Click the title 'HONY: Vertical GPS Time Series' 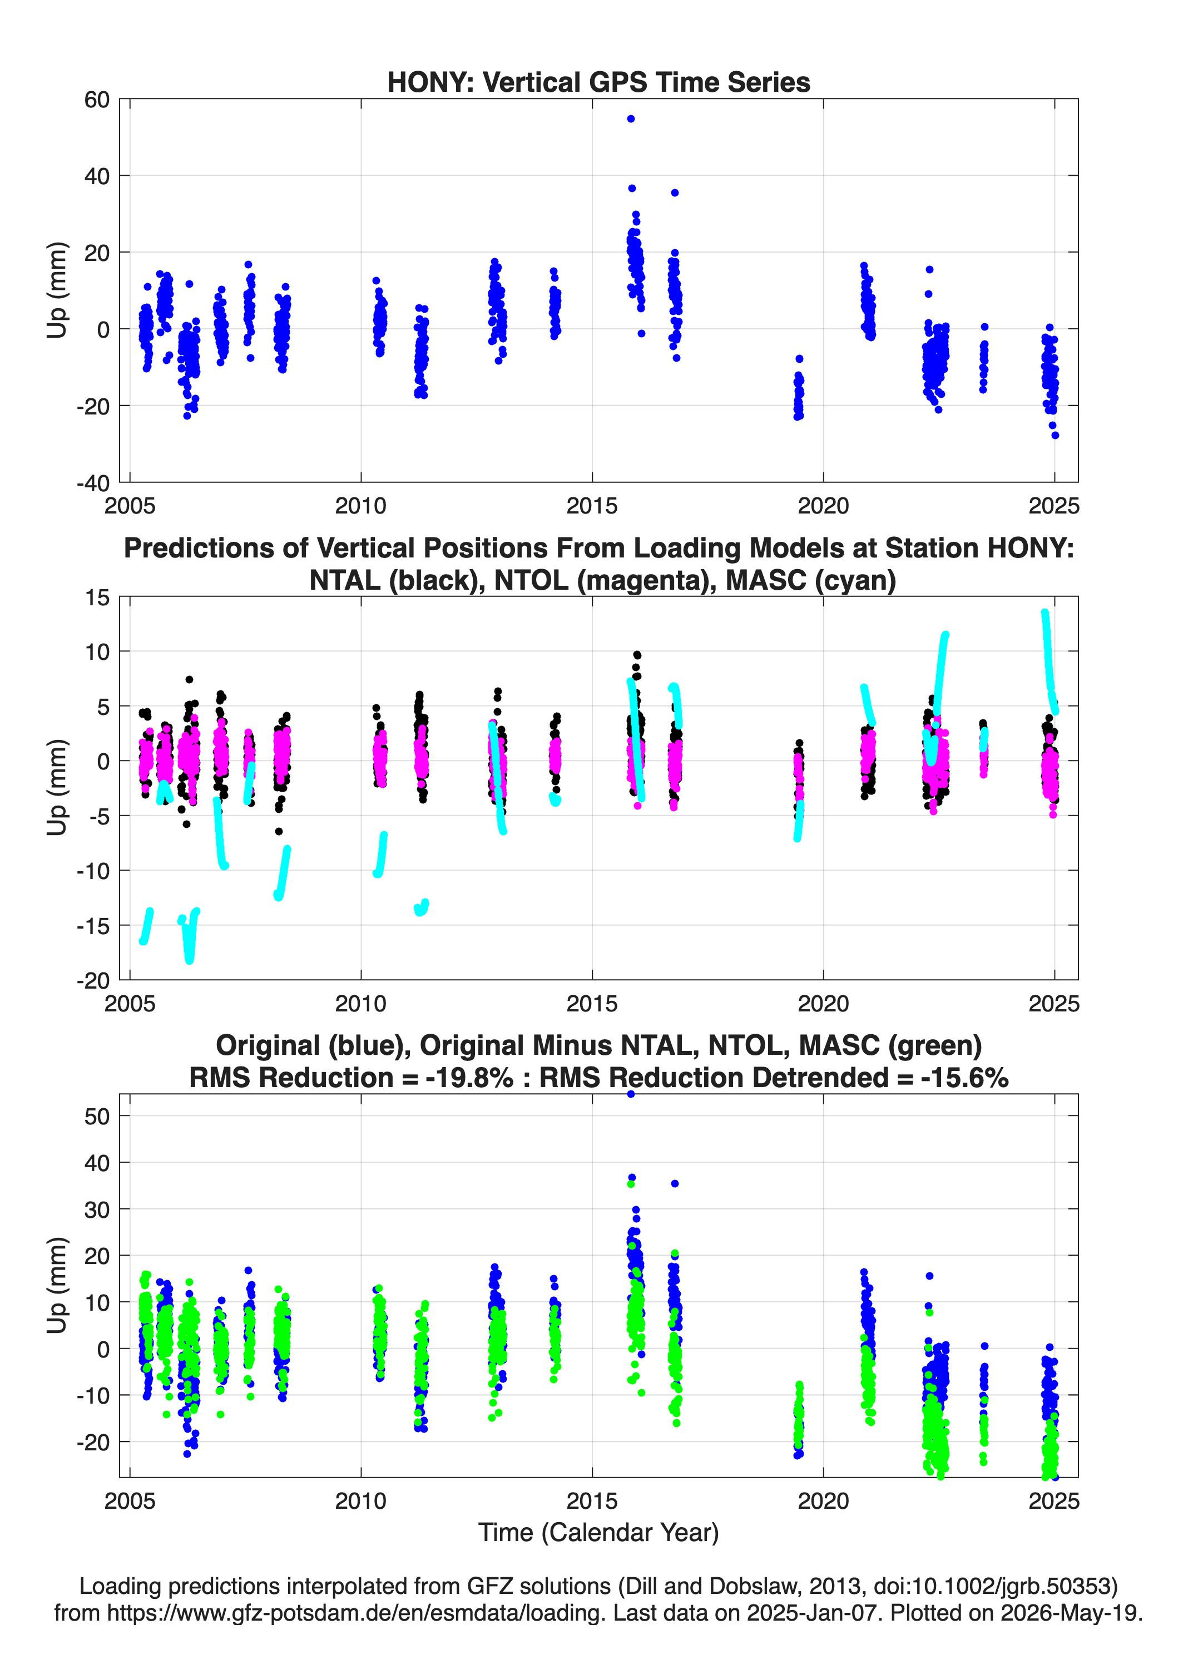click(598, 82)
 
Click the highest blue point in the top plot click(631, 119)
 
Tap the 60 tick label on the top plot click(97, 100)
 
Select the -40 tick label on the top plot click(93, 483)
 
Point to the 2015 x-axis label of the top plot click(592, 506)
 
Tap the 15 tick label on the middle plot click(97, 597)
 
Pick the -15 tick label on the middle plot click(93, 925)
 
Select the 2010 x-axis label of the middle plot click(360, 1003)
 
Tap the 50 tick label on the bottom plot click(97, 1115)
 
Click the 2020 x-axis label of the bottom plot click(823, 1500)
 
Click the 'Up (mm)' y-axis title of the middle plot click(57, 787)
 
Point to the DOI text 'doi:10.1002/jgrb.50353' click(991, 1586)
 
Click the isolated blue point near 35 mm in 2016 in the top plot click(674, 192)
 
